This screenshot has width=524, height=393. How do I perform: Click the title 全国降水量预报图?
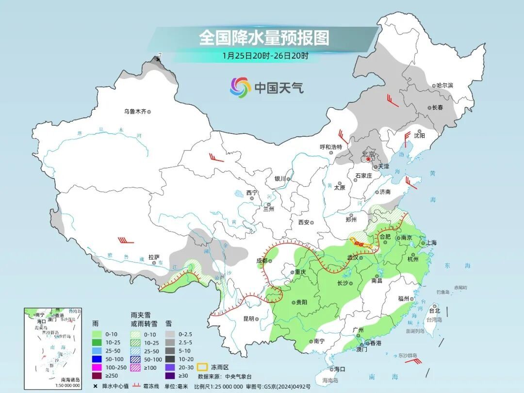pyautogui.click(x=264, y=37)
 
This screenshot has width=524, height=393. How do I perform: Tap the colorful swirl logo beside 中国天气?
pyautogui.click(x=240, y=87)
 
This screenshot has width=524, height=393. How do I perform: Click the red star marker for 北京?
pyautogui.click(x=368, y=159)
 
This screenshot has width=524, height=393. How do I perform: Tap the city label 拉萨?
pyautogui.click(x=154, y=257)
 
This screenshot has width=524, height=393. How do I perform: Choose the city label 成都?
pyautogui.click(x=262, y=261)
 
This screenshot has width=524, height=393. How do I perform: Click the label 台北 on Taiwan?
pyautogui.click(x=434, y=311)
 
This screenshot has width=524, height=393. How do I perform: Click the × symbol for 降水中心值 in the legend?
pyautogui.click(x=96, y=386)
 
